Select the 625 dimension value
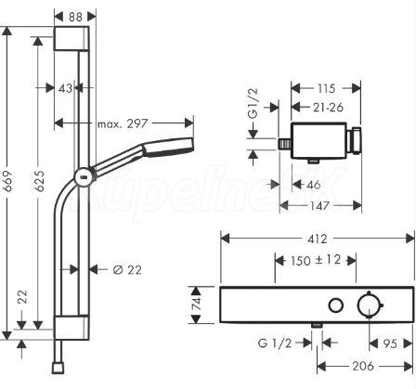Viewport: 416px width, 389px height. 39,181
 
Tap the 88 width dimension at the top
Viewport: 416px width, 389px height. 75,17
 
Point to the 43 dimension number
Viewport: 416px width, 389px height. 65,88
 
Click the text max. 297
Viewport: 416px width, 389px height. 123,123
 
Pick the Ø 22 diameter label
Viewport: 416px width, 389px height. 127,270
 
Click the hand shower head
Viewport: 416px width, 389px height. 168,147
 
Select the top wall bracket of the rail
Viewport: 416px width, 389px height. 71,38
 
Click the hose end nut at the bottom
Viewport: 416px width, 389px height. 58,369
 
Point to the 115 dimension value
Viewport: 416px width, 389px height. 327,88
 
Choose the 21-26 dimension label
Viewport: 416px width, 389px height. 328,108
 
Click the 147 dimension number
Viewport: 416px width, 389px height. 320,205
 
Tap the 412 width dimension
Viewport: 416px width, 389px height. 318,239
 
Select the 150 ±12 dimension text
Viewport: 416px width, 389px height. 316,260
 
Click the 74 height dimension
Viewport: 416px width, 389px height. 197,305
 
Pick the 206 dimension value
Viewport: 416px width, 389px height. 363,367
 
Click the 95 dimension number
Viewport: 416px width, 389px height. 390,344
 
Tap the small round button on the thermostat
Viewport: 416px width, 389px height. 336,305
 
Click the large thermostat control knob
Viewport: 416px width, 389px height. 370,305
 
